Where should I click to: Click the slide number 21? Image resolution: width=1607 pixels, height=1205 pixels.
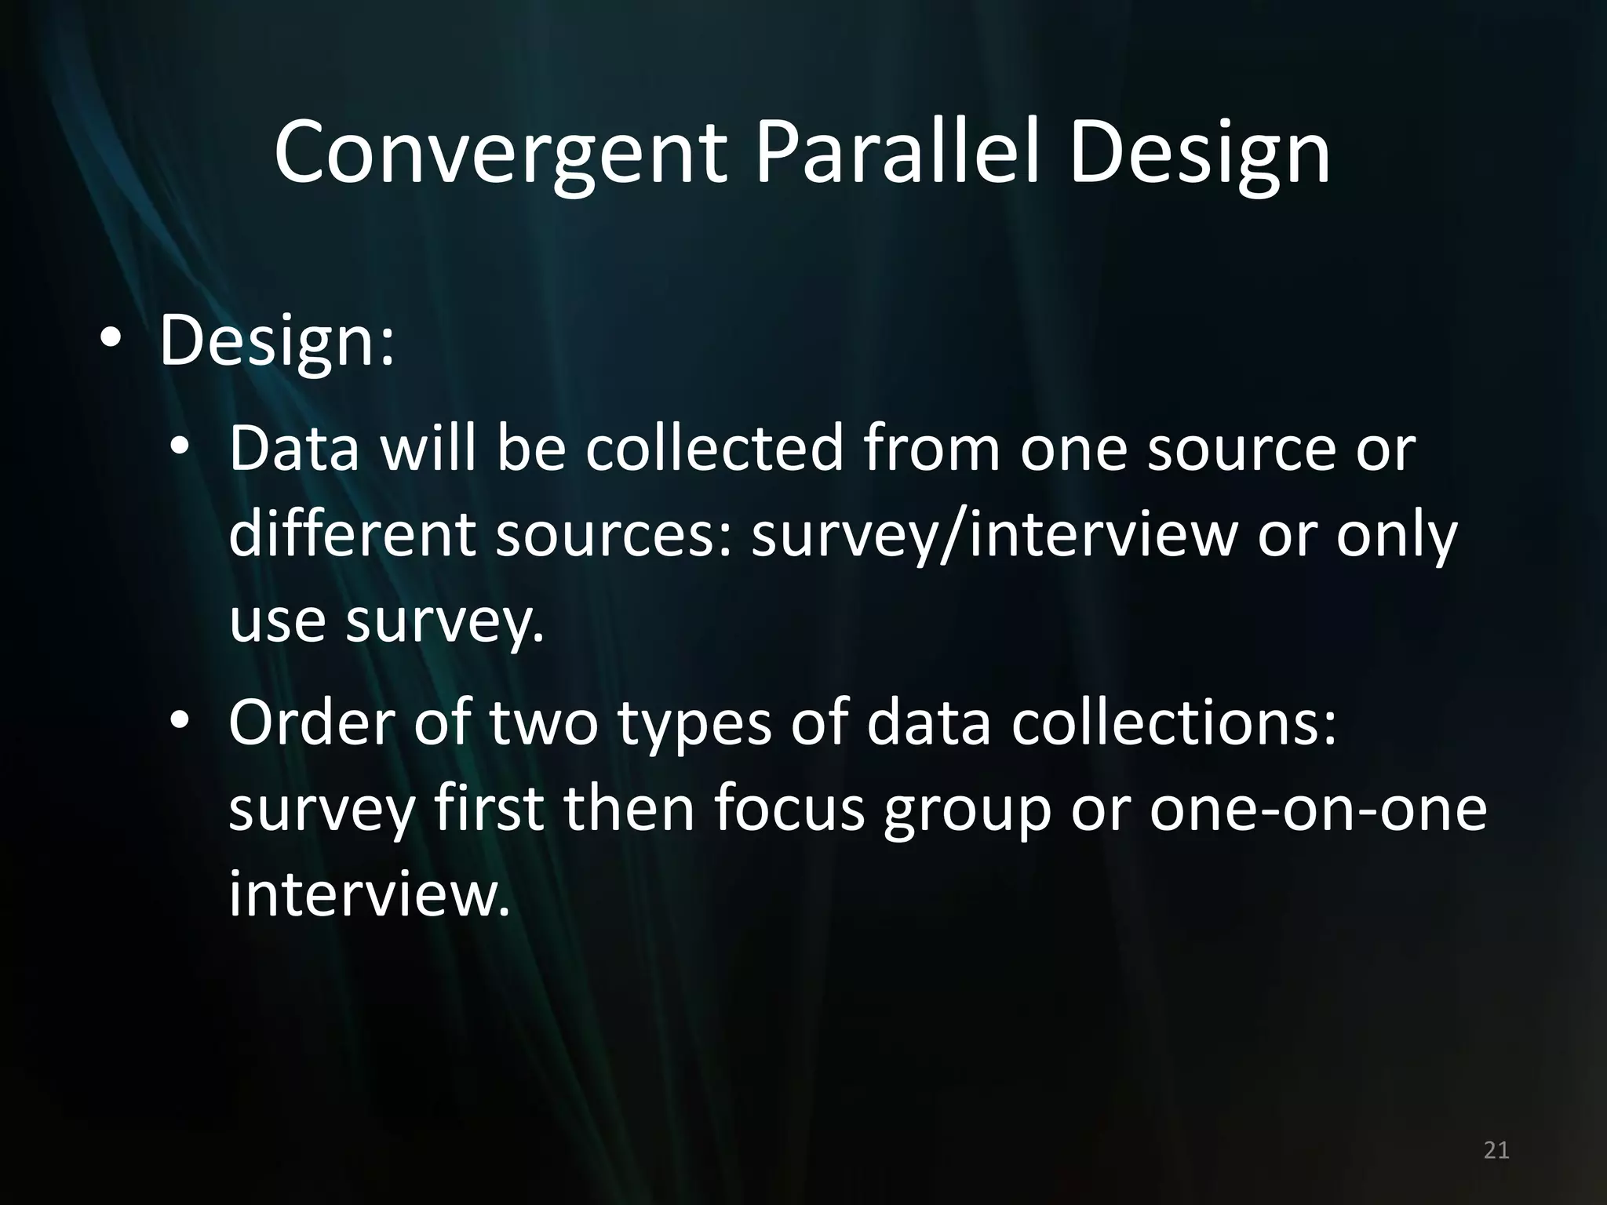pos(1496,1150)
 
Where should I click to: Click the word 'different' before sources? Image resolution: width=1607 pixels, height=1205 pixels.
pos(352,535)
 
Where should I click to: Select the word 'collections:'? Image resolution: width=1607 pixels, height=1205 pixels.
pos(1174,722)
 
